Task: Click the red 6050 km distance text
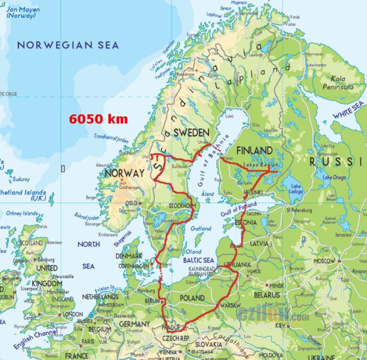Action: [x=98, y=119]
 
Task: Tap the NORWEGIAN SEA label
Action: [x=68, y=45]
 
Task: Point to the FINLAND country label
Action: [x=254, y=150]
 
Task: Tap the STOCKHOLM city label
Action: [x=183, y=206]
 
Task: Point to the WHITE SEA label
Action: [x=349, y=111]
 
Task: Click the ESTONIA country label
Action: [x=245, y=223]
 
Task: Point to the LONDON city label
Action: [x=71, y=314]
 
